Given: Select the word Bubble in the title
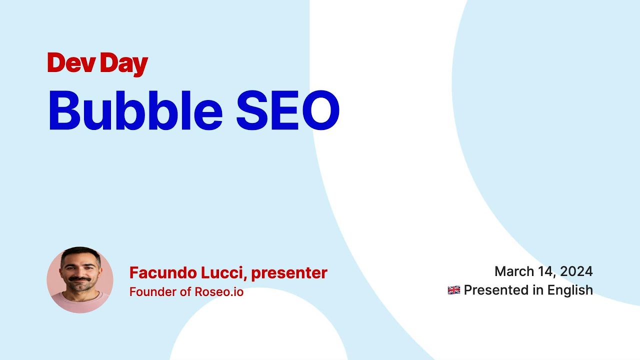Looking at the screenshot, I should coord(135,110).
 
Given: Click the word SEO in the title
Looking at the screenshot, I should coord(288,110).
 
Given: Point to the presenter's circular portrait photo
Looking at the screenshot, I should coord(80,280).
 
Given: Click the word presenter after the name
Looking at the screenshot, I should coord(289,273).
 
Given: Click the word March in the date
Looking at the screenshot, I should coord(514,271).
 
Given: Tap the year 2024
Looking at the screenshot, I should coord(576,271).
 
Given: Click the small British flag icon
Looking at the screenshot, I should coord(453,290).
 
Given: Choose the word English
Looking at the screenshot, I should coord(570,290).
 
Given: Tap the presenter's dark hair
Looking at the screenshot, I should coord(80,252).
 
